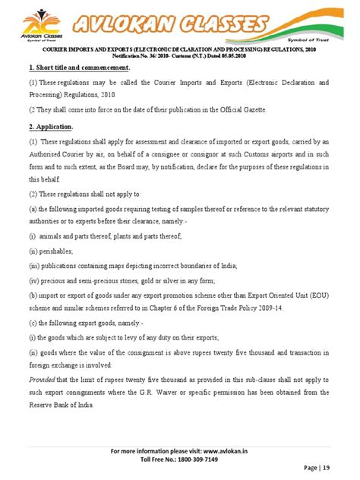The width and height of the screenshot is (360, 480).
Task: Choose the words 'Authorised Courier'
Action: tap(58, 154)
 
